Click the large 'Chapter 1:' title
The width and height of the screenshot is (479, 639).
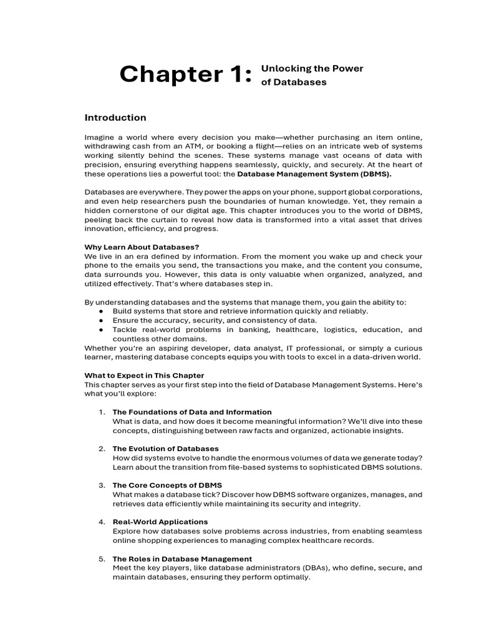click(186, 74)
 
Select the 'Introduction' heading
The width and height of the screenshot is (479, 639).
click(115, 117)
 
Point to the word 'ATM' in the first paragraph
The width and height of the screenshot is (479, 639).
click(193, 146)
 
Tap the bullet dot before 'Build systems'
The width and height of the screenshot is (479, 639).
click(102, 311)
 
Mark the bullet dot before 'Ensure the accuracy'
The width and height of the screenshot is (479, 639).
click(102, 320)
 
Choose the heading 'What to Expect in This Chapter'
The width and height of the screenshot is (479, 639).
click(144, 375)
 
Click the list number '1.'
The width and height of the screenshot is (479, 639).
click(102, 412)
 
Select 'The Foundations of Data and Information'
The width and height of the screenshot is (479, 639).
click(192, 412)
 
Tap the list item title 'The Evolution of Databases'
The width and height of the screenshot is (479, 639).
click(165, 449)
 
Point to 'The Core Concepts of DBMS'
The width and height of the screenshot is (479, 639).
click(167, 485)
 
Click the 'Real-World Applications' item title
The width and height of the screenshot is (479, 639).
click(160, 522)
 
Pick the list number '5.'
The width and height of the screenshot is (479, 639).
click(102, 559)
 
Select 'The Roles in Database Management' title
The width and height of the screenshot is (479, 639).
click(182, 559)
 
